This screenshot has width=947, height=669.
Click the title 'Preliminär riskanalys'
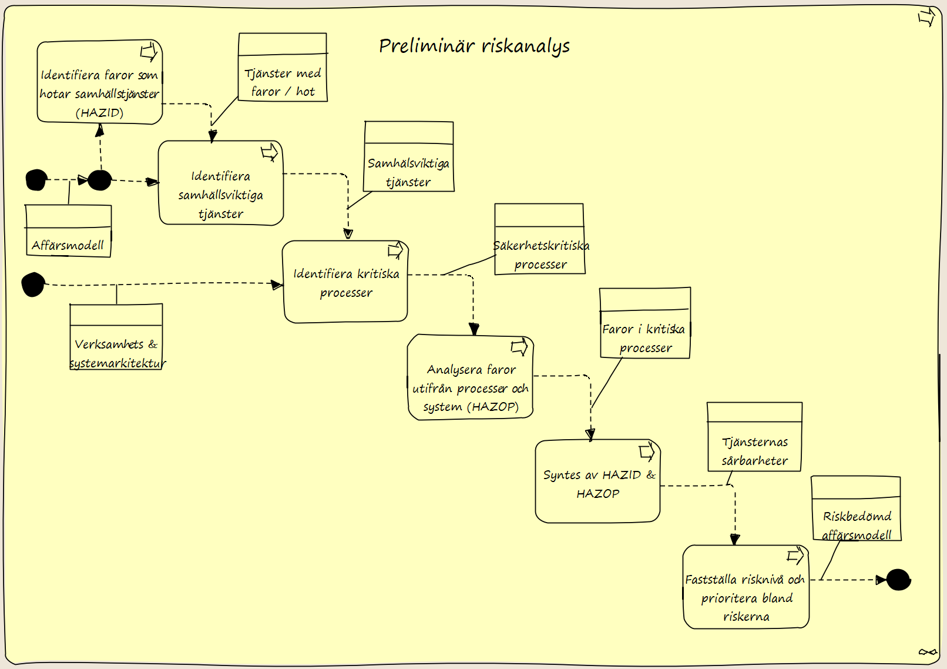click(x=474, y=46)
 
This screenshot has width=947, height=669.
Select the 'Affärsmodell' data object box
click(x=69, y=231)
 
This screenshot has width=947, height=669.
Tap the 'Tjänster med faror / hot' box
click(x=283, y=67)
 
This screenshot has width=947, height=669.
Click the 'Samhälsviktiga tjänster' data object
click(x=409, y=156)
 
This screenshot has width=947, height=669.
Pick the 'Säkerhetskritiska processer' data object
click(x=540, y=239)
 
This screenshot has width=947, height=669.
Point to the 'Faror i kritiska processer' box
click(x=645, y=323)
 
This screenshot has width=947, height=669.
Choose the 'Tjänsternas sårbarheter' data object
click(x=755, y=437)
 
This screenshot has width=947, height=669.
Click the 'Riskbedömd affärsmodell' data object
click(x=856, y=509)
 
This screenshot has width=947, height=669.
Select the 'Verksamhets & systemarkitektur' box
click(x=116, y=337)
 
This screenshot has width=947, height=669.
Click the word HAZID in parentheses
click(x=99, y=113)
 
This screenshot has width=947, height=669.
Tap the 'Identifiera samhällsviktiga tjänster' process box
click(x=221, y=183)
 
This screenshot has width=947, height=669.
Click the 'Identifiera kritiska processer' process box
click(x=345, y=282)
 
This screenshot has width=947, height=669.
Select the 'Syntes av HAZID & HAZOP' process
click(x=598, y=481)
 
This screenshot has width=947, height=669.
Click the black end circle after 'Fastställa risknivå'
click(x=898, y=580)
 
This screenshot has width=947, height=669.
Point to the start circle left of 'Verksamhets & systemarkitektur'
click(x=33, y=285)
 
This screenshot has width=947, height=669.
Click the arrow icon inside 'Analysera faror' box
click(x=519, y=347)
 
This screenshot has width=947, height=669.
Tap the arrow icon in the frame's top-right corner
click(x=926, y=17)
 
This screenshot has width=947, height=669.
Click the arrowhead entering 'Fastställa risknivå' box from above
click(x=735, y=540)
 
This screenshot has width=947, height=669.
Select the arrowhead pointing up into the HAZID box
click(x=100, y=130)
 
